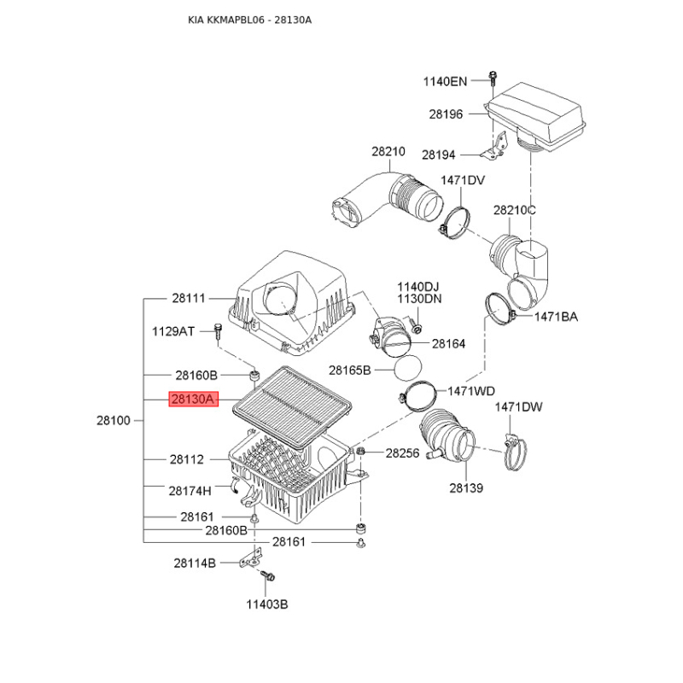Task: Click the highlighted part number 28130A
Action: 194,399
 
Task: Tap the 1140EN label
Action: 445,81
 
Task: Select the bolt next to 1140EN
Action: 493,79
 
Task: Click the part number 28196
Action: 446,114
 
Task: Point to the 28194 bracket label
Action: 438,155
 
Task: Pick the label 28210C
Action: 515,210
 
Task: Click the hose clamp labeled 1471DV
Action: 455,222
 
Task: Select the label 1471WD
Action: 471,391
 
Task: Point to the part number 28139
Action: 466,488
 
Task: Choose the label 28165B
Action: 350,371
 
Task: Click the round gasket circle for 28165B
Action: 408,368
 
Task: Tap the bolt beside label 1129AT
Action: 218,332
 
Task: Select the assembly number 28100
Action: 114,421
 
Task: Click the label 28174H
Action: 190,492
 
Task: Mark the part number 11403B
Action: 267,604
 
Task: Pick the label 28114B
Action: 195,563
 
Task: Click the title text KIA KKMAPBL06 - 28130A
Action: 249,20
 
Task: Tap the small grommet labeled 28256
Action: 360,451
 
